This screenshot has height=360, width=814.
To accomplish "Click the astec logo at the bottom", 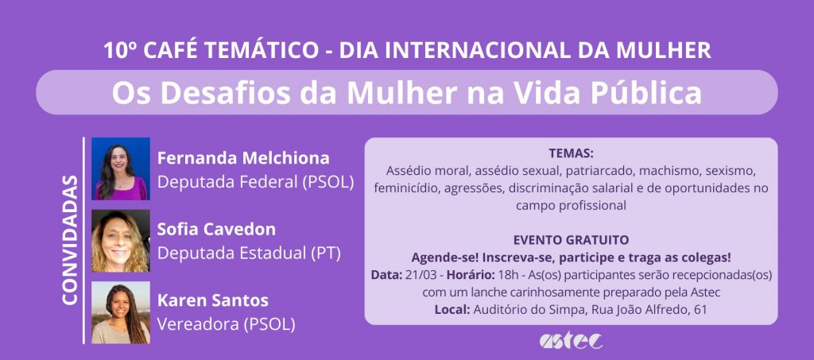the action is point(571,340).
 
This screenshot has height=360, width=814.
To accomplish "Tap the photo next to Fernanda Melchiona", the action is point(121,168).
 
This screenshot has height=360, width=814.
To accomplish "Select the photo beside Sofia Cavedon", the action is point(121,242).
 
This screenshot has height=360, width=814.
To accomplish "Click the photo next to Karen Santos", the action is point(121,313).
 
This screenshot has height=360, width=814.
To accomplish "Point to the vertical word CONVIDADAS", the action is point(70,240).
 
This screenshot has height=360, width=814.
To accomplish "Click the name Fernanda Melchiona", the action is point(243,157).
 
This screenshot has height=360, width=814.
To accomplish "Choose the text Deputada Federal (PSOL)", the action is point(255,182).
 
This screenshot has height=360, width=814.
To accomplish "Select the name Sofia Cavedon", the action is point(216,230).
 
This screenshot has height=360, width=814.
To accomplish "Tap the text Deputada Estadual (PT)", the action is point(249,254).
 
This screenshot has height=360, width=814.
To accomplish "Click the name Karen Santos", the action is point(213,300).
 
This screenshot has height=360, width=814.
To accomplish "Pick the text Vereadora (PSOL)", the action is point(227,324).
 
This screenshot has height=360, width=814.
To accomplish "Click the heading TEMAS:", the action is point(571,153).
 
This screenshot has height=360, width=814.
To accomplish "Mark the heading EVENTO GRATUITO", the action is point(571,240).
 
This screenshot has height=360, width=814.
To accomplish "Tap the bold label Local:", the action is point(452,310).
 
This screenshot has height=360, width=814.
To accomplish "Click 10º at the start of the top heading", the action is point(120,50).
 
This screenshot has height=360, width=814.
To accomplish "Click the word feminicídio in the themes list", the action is point(405,188).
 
